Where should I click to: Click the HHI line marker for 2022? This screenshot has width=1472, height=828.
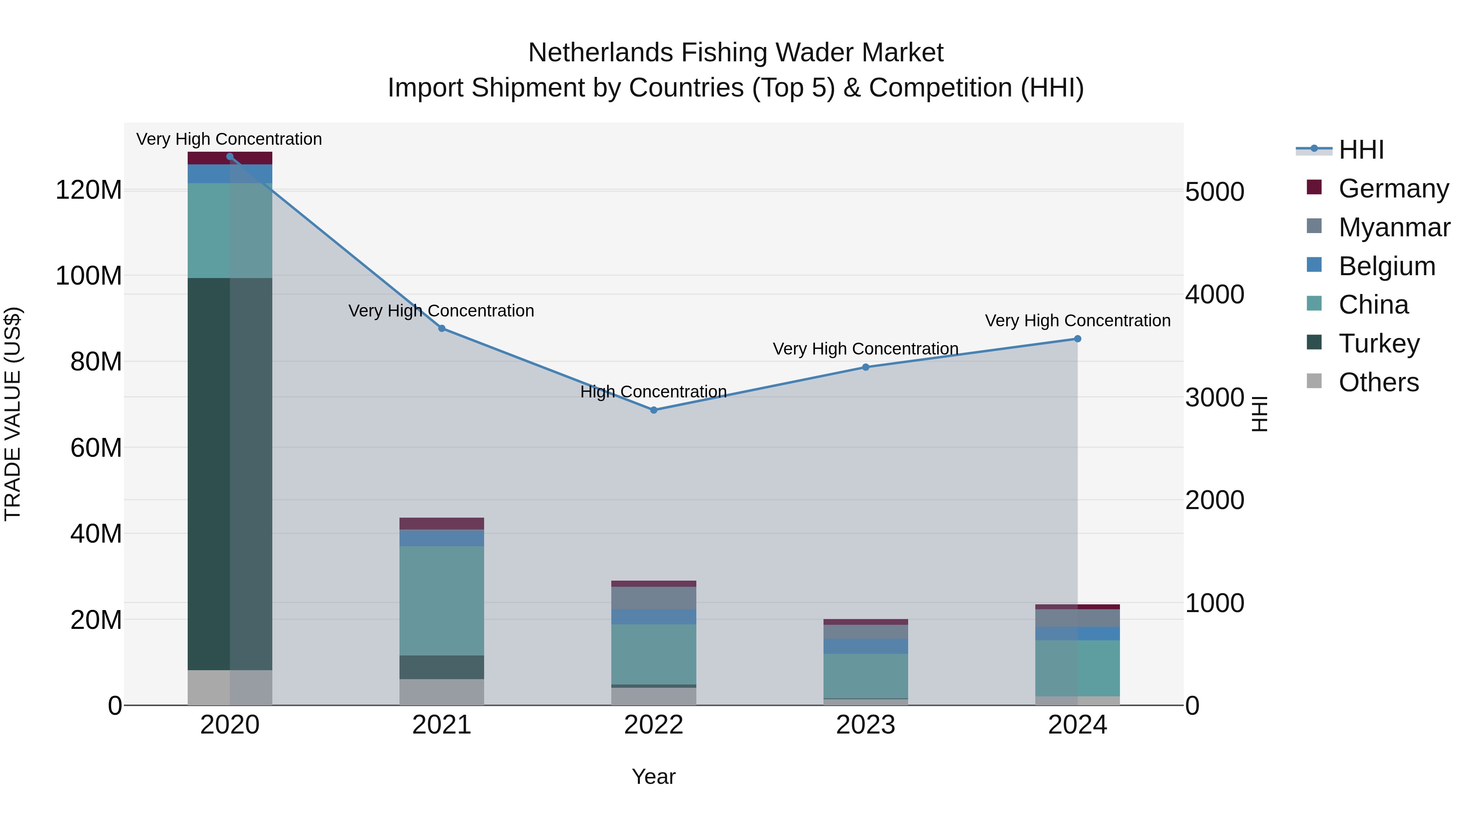coord(654,410)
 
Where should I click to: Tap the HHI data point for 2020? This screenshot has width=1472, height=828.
coord(230,156)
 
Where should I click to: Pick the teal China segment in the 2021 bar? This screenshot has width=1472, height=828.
coord(441,600)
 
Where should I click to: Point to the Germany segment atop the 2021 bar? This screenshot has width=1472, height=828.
coord(441,523)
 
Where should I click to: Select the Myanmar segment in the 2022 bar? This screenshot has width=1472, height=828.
coord(654,598)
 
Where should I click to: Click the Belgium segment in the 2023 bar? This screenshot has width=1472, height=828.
coord(865,646)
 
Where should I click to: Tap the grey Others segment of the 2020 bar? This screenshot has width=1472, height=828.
coord(230,687)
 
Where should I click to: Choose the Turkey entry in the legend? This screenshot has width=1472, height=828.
coord(1378,343)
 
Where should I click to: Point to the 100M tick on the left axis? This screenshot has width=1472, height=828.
coord(89,276)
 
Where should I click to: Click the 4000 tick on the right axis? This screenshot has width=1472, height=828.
coord(1214,294)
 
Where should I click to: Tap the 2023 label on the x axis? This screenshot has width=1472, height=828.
coord(865,725)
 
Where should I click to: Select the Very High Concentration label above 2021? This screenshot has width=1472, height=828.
coord(441,310)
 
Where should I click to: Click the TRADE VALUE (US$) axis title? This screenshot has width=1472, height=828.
coord(13,414)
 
